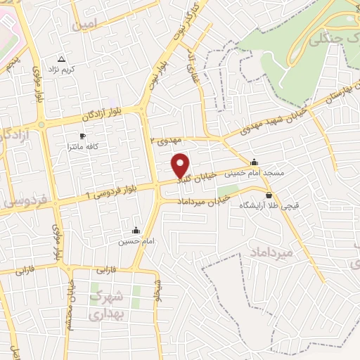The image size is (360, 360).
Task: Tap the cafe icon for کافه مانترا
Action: [x=82, y=135]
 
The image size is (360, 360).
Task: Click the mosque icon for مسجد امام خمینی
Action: [x=254, y=160]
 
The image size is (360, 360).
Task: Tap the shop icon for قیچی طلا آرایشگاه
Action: [x=269, y=195]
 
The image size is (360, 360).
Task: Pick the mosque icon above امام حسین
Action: [x=136, y=229]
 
